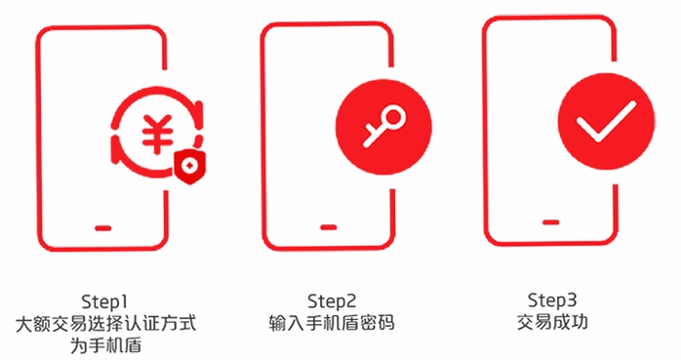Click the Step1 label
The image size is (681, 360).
coord(104,301)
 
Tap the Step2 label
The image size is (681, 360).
coord(332,300)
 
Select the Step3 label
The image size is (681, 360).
coord(552,300)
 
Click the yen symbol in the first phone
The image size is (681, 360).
coord(157,134)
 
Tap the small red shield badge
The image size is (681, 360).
coord(190,167)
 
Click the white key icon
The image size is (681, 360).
coord(384,125)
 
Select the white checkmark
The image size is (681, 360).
coord(606,122)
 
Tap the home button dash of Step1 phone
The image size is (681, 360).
coord(103,228)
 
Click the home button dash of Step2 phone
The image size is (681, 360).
coord(329,227)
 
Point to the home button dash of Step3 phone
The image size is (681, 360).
coord(550,222)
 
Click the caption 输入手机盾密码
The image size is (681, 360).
coord(332,323)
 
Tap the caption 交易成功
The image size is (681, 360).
coord(552,322)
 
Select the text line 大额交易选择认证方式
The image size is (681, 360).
coord(105,324)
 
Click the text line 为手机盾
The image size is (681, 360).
coord(105,346)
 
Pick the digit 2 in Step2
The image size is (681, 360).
coord(350,300)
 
